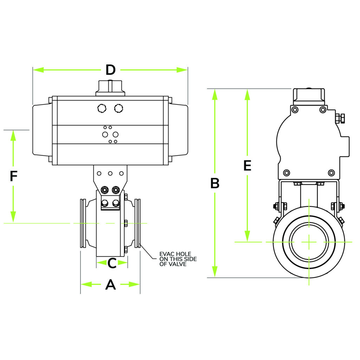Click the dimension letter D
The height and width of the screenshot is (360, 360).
tap(110, 70)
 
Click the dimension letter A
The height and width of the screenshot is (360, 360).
tap(110, 284)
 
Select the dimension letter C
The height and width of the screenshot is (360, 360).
tap(112, 263)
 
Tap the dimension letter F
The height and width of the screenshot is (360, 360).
tap(13, 176)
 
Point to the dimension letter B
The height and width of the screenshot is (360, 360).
tap(215, 183)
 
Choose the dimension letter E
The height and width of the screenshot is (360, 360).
tap(247, 165)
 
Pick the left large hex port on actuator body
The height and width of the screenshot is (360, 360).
tap(102, 108)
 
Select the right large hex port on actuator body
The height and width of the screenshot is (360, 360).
tap(119, 108)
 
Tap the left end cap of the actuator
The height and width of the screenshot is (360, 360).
tap(41, 130)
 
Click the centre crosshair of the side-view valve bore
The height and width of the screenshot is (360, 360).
tap(309, 242)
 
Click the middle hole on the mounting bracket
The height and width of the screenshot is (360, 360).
tap(110, 173)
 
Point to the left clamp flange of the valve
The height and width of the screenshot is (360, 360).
tap(83, 223)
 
